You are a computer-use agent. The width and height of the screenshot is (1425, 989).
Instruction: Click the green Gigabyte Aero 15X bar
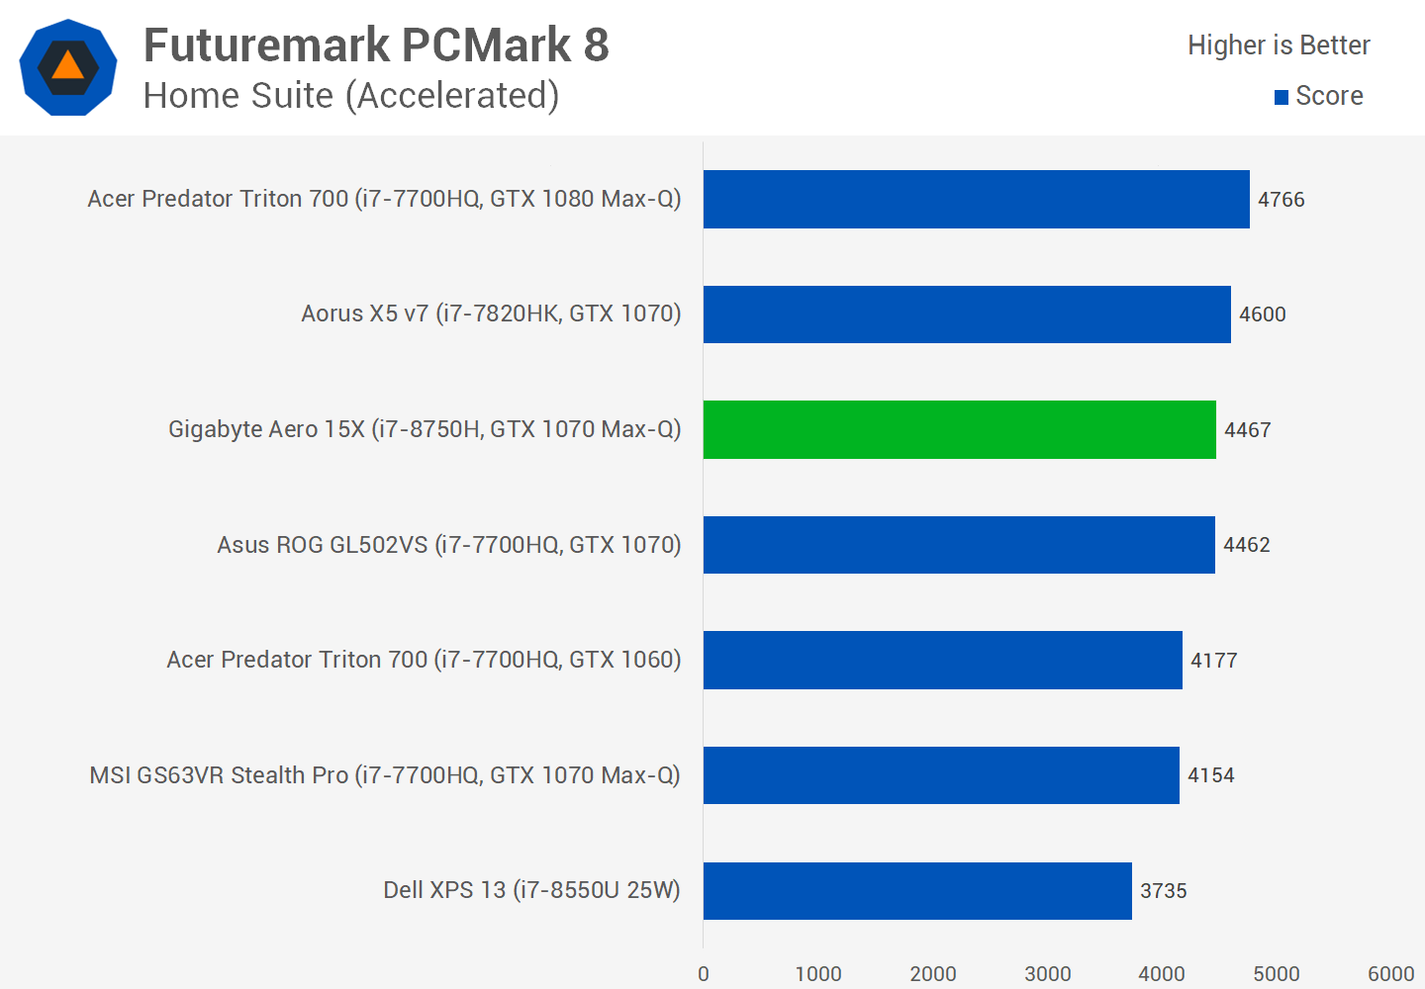pyautogui.click(x=959, y=429)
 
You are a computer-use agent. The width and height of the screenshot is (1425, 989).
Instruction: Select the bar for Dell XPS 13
pyautogui.click(x=917, y=890)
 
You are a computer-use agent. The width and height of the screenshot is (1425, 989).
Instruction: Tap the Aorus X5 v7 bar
pyautogui.click(x=967, y=315)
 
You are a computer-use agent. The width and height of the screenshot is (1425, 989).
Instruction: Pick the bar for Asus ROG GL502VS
pyautogui.click(x=959, y=545)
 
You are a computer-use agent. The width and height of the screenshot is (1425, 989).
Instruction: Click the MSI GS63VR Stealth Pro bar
pyautogui.click(x=941, y=775)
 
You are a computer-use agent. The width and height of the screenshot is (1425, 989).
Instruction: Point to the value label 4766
pyautogui.click(x=1281, y=200)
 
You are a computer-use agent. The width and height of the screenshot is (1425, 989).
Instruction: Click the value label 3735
pyautogui.click(x=1163, y=891)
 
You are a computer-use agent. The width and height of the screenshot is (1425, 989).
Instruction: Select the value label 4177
pyautogui.click(x=1213, y=661)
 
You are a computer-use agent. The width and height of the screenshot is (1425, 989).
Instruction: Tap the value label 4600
pyautogui.click(x=1262, y=315)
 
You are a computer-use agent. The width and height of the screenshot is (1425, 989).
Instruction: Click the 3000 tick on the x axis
pyautogui.click(x=1047, y=974)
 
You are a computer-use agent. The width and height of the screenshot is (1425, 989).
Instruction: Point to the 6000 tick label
pyautogui.click(x=1390, y=974)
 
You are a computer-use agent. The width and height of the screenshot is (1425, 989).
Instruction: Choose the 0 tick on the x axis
pyautogui.click(x=704, y=974)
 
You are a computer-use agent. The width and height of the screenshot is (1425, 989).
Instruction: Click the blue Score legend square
pyautogui.click(x=1282, y=97)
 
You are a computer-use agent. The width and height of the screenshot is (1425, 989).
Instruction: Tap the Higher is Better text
pyautogui.click(x=1279, y=45)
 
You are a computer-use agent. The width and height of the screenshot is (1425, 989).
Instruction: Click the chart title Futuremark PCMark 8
pyautogui.click(x=376, y=45)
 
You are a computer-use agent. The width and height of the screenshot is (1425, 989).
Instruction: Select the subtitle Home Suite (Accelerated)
pyautogui.click(x=351, y=96)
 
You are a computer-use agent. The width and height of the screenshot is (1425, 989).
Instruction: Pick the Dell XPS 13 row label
pyautogui.click(x=531, y=890)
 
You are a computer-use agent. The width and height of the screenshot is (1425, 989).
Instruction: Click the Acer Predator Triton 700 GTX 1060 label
pyautogui.click(x=424, y=660)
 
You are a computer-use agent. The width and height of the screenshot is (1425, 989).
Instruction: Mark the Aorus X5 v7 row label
pyautogui.click(x=491, y=314)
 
